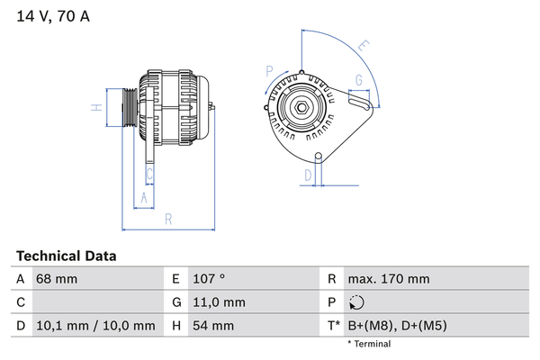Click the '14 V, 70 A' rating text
click(53, 16)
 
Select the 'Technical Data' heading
click(67, 256)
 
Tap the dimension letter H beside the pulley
click(97, 107)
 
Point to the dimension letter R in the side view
click(168, 219)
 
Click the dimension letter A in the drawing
click(144, 198)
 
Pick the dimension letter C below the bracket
click(149, 174)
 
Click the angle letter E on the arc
click(364, 45)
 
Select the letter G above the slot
click(359, 80)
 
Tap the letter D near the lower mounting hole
click(308, 175)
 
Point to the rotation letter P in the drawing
click(269, 71)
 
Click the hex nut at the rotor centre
click(301, 107)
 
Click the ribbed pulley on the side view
click(130, 107)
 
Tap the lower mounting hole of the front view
click(319, 156)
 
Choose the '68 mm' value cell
click(57, 279)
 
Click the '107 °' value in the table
click(209, 279)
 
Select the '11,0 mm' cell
click(219, 302)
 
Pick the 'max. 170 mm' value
click(389, 279)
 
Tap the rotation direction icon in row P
click(356, 302)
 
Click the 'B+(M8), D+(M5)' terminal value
click(398, 326)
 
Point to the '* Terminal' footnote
click(369, 344)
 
